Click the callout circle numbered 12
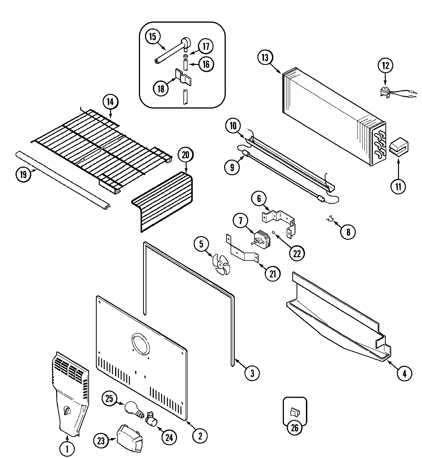386,65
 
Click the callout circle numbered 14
110,102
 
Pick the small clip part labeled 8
328,220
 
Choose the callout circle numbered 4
404,373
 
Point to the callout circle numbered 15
153,37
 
